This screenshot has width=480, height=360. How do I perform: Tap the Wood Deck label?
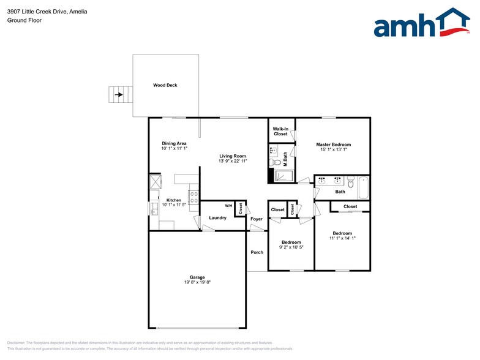(165, 85)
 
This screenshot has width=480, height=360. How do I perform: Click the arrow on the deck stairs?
(119, 95)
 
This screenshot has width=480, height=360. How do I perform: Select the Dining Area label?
(174, 143)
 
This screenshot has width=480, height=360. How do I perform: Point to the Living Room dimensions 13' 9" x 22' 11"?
(233, 161)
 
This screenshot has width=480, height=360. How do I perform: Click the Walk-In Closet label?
(280, 131)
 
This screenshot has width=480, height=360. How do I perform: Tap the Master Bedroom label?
(333, 144)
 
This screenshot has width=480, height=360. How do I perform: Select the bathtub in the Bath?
(363, 187)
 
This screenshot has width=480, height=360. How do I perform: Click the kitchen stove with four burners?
(193, 197)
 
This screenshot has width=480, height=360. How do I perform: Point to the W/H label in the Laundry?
(228, 206)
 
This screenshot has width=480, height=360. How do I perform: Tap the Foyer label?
(257, 219)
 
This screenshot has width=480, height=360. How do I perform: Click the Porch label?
(257, 252)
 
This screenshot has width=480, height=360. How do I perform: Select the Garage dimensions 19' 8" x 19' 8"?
(197, 282)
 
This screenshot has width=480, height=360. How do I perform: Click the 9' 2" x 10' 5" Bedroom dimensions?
(291, 247)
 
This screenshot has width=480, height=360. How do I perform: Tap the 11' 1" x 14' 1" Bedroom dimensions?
(342, 238)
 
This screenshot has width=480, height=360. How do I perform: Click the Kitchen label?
(174, 200)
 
